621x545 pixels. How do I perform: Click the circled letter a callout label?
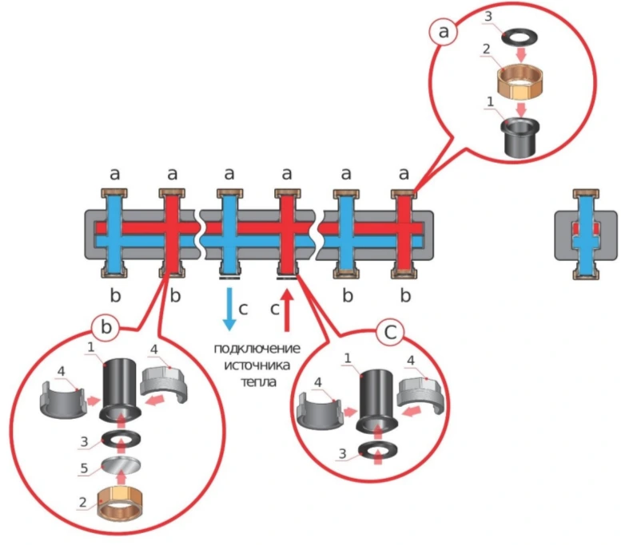tap(444, 31)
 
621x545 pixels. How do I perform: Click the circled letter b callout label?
tap(106, 326)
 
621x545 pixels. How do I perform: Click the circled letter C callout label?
tap(390, 332)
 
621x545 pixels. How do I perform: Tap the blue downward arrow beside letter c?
tap(229, 309)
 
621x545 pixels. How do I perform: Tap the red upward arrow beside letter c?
tap(288, 311)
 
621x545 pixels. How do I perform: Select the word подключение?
tap(257, 349)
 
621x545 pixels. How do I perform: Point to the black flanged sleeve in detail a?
tap(520, 136)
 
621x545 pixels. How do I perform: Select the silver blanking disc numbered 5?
tap(121, 464)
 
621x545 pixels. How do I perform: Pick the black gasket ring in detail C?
tap(378, 450)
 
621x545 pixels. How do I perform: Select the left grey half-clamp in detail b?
tap(62, 401)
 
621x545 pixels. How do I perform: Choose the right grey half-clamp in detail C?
tap(422, 397)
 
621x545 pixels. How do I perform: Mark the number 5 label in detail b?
tap(84, 468)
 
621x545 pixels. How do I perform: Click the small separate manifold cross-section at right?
tap(586, 235)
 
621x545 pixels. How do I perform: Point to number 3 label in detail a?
tap(488, 16)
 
